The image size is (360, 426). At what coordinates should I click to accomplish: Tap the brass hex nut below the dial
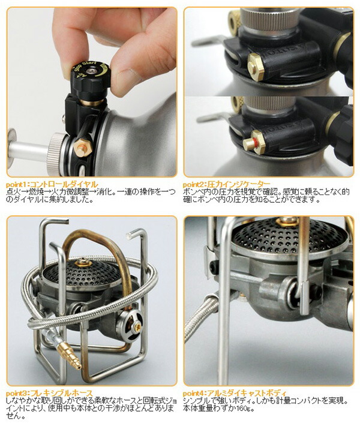82,146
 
